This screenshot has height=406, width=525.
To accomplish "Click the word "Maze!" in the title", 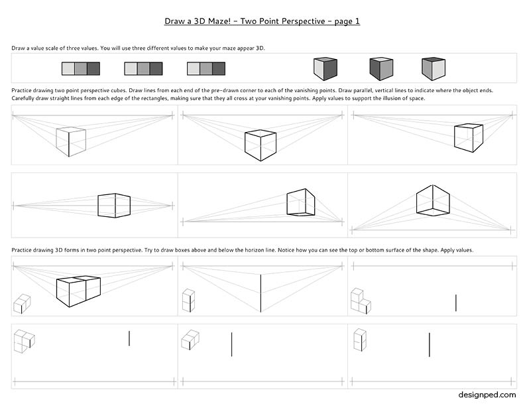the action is click(219, 21).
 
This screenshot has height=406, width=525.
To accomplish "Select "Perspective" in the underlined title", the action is click(304, 21).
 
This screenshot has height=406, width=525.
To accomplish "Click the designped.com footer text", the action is click(487, 395).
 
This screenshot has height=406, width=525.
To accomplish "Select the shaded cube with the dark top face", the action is click(434, 69).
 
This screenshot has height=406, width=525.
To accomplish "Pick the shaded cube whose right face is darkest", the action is click(325, 69).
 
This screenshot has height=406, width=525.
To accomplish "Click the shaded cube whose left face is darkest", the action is click(381, 69).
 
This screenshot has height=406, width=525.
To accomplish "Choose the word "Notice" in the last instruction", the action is click(286, 250).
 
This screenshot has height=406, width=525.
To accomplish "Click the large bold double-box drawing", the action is click(78, 292).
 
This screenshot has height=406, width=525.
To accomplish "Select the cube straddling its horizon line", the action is click(114, 206).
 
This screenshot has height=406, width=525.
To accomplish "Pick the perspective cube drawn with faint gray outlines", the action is click(71, 142).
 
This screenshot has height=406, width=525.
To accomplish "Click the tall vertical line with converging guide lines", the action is click(261, 293).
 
